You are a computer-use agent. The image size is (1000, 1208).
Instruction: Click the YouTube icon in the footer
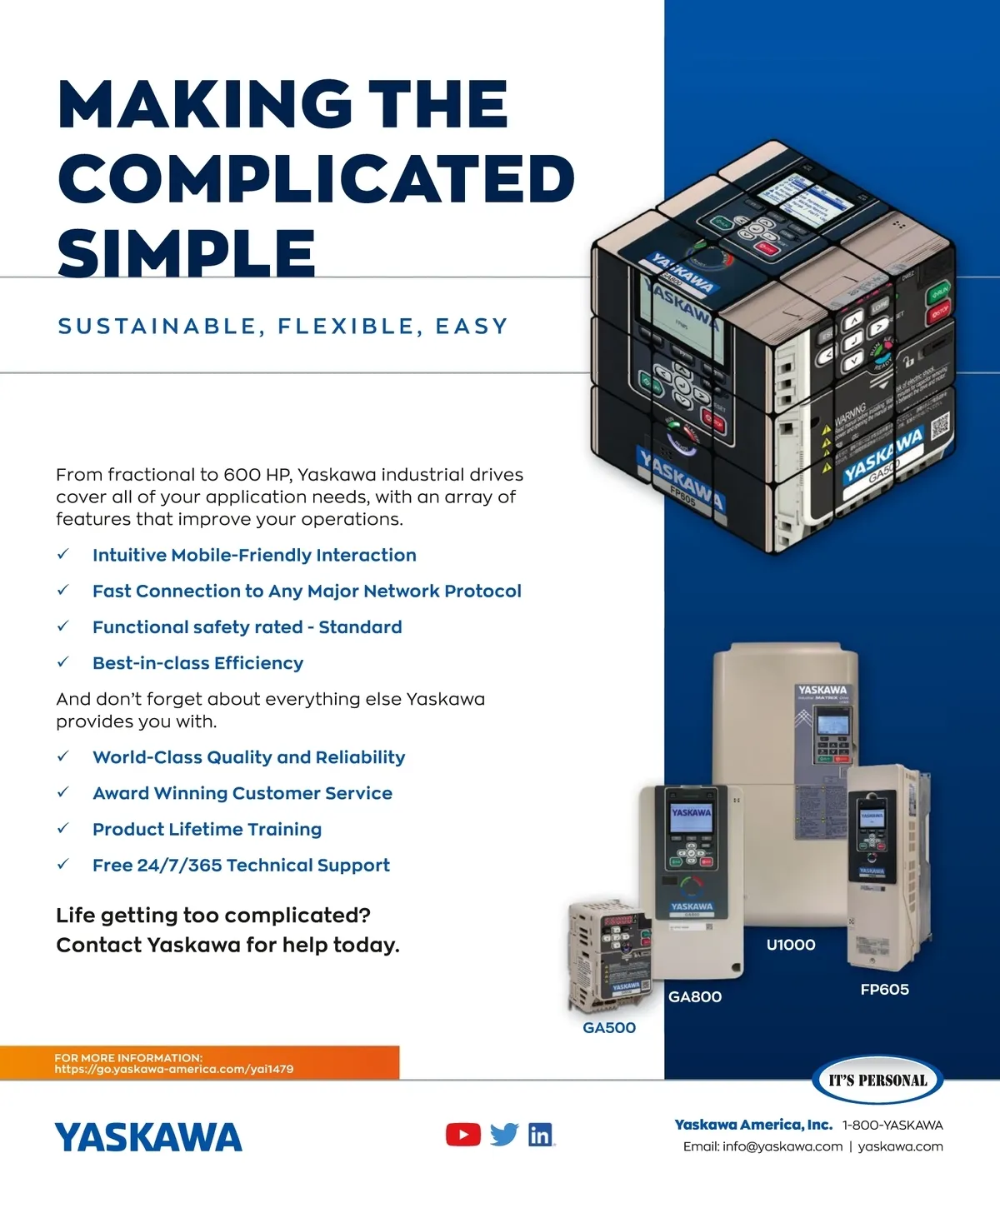pyautogui.click(x=463, y=1135)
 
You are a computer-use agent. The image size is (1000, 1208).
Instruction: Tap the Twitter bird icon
pyautogui.click(x=504, y=1135)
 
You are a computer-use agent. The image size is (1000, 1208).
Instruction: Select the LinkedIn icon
pyautogui.click(x=541, y=1135)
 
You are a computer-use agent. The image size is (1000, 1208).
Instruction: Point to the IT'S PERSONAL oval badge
pyautogui.click(x=877, y=1081)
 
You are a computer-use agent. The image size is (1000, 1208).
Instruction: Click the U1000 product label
pyautogui.click(x=791, y=945)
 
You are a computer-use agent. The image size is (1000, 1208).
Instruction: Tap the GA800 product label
pyautogui.click(x=695, y=997)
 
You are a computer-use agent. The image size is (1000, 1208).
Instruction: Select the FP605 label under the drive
pyautogui.click(x=884, y=990)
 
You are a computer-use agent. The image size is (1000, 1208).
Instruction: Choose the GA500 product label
pyautogui.click(x=609, y=1028)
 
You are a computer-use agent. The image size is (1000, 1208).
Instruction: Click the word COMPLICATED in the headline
pyautogui.click(x=317, y=178)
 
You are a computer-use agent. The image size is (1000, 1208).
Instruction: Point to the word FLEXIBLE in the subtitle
pyautogui.click(x=346, y=327)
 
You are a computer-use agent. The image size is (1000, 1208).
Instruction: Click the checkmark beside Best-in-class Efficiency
pyautogui.click(x=62, y=663)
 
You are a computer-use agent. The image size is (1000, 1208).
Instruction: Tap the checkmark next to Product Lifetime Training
pyautogui.click(x=62, y=829)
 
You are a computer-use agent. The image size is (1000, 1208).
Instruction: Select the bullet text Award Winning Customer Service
pyautogui.click(x=242, y=793)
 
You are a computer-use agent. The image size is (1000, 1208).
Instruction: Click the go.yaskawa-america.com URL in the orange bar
pyautogui.click(x=174, y=1069)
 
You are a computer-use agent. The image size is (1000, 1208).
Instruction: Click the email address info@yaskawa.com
pyautogui.click(x=782, y=1146)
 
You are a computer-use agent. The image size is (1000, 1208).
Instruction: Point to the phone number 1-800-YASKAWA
pyautogui.click(x=892, y=1125)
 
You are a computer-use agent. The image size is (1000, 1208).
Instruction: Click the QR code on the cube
pyautogui.click(x=940, y=426)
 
